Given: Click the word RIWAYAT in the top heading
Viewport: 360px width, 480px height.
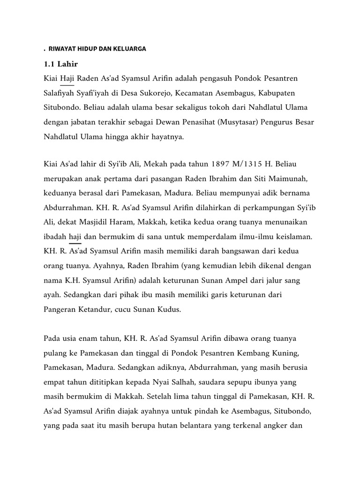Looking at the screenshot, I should pos(63,48).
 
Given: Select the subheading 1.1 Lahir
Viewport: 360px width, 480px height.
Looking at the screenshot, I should pos(61,64).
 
